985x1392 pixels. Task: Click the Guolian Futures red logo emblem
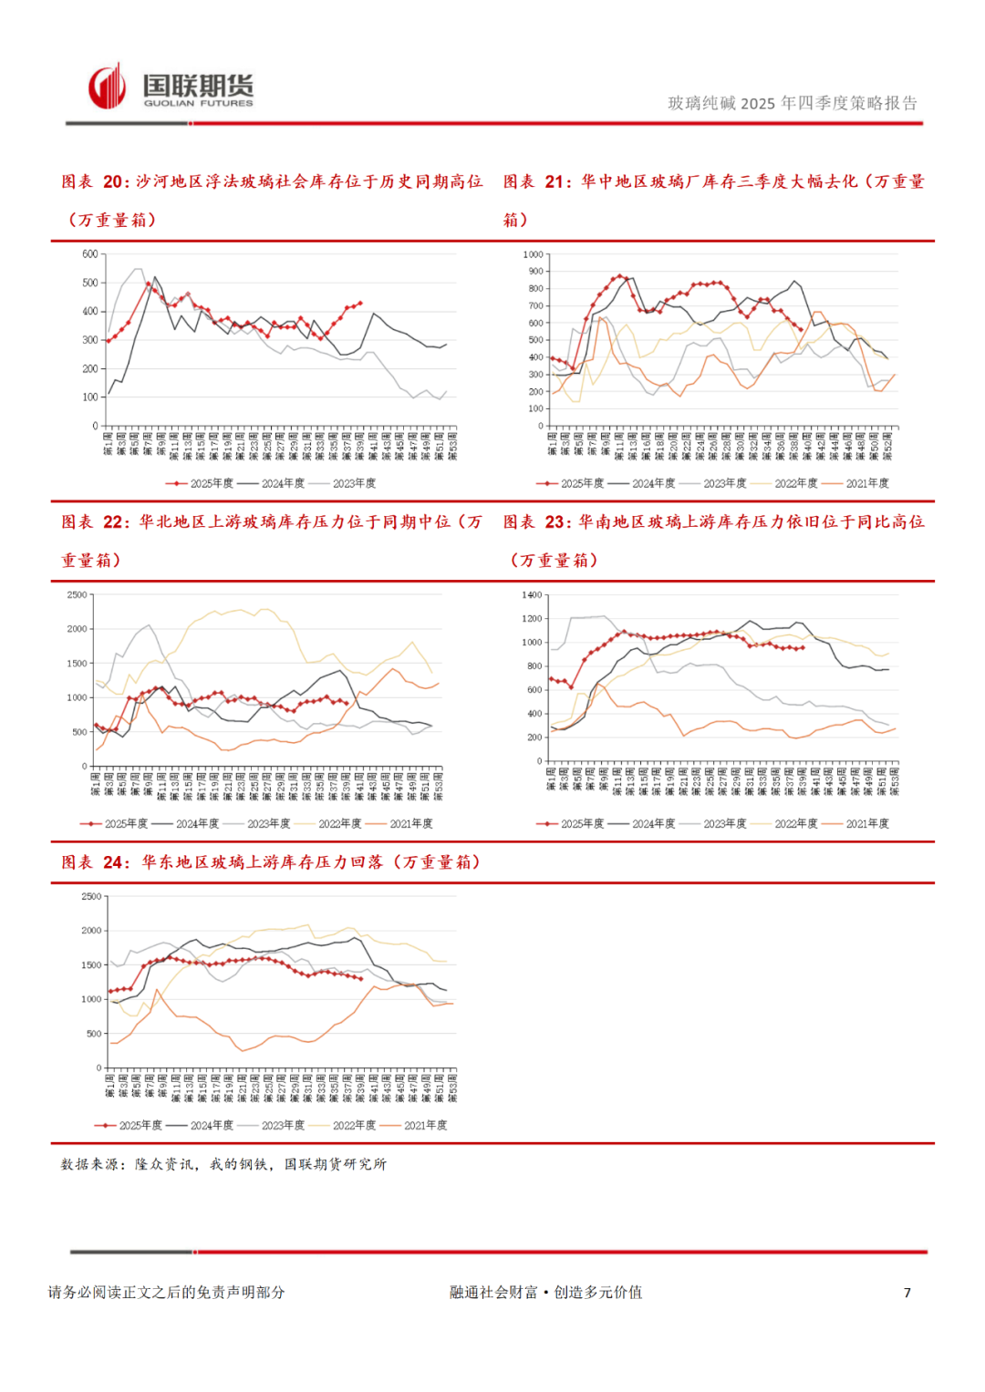(107, 87)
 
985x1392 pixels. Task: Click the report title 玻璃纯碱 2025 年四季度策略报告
(792, 103)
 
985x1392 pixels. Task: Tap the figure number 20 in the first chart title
(115, 181)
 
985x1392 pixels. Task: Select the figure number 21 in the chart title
(556, 181)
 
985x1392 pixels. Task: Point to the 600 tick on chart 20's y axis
(89, 254)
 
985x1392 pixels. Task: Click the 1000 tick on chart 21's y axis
(533, 254)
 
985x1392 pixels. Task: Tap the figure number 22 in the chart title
(115, 521)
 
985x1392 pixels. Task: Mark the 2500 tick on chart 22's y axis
(78, 595)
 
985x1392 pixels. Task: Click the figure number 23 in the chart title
(556, 521)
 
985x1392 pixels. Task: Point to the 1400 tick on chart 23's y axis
(532, 595)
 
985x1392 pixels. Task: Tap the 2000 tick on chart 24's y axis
(91, 931)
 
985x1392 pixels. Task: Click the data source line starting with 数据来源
(223, 1164)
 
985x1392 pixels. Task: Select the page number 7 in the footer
(907, 1293)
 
